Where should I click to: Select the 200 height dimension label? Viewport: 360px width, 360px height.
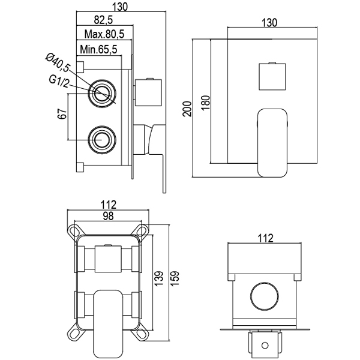[x=186, y=108]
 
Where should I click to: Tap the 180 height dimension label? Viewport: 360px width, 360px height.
[x=205, y=100]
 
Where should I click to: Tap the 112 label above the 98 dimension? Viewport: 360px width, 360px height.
[x=109, y=204]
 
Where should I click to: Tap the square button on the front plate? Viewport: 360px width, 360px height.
[x=273, y=76]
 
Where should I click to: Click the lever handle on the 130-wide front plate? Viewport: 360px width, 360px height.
[x=273, y=141]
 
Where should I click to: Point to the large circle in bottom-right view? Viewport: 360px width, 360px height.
[x=264, y=295]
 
